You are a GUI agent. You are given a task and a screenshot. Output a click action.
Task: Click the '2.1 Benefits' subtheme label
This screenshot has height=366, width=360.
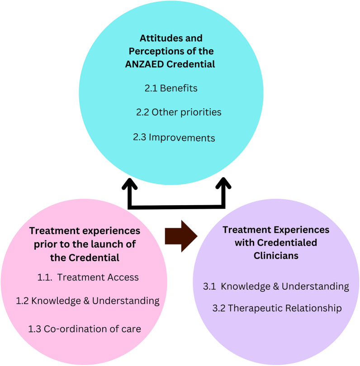coord(171,88)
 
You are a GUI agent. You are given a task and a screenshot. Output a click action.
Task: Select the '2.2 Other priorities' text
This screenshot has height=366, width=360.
coord(179,112)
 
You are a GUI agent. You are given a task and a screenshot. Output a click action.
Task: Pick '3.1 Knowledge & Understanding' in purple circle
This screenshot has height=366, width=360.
coord(276,286)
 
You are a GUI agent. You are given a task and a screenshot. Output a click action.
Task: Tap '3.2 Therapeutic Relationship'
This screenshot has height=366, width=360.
coord(277,309)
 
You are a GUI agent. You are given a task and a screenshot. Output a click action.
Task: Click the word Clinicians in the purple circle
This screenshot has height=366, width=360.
coord(276,255)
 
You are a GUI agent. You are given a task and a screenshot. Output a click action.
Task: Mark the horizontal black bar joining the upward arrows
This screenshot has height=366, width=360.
coord(176,207)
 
